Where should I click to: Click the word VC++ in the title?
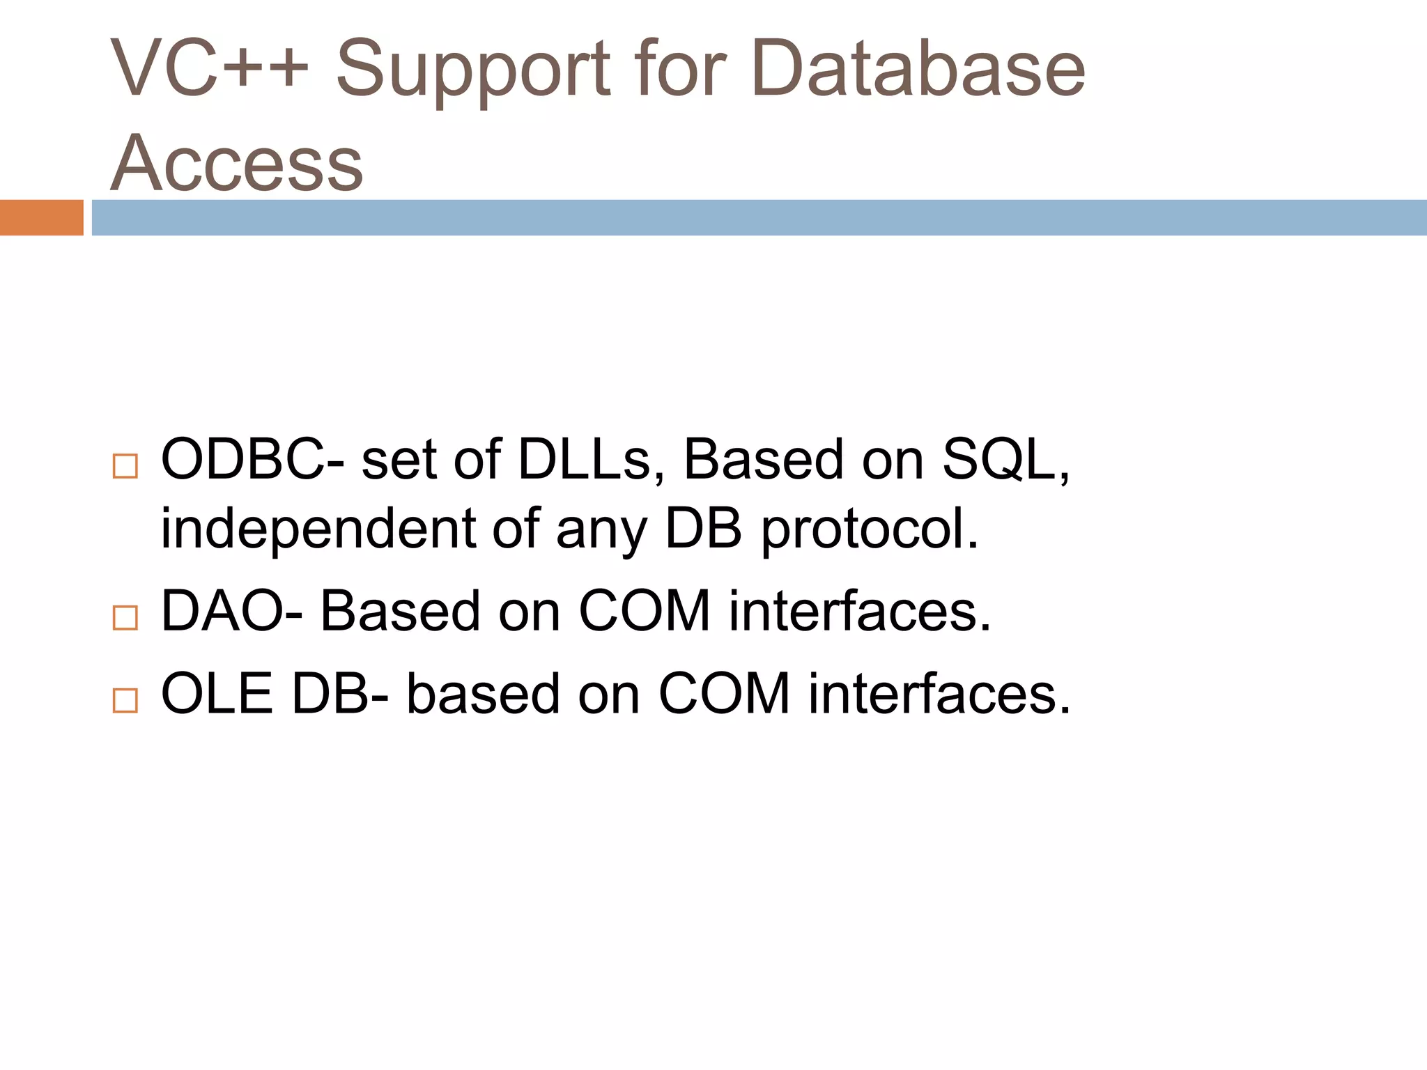click(x=209, y=68)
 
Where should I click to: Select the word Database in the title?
click(x=918, y=68)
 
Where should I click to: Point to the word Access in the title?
click(x=237, y=163)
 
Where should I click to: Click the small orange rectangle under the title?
click(x=41, y=217)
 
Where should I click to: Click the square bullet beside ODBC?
click(x=125, y=466)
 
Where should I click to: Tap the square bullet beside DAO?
click(x=125, y=618)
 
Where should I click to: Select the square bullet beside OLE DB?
click(x=125, y=700)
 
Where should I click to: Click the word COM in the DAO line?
click(x=645, y=612)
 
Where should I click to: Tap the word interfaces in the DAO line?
click(x=859, y=612)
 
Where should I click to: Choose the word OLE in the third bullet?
click(x=217, y=694)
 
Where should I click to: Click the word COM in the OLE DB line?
click(x=724, y=694)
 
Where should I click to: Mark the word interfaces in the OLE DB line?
click(x=939, y=694)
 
